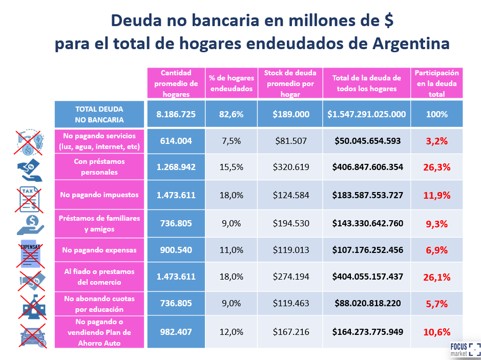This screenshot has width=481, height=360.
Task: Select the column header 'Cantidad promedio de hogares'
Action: point(176,83)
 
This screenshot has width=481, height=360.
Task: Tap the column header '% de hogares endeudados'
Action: point(231,83)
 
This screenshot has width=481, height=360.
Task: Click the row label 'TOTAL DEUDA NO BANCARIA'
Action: point(99,114)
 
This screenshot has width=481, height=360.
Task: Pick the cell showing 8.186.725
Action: point(176,114)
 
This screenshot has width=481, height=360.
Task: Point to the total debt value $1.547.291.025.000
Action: point(366,114)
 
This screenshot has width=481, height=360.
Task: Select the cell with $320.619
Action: point(290,167)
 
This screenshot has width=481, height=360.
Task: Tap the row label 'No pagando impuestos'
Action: point(99,195)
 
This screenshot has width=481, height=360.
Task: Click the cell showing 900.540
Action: point(176,250)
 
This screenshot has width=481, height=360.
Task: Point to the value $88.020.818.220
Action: point(366,303)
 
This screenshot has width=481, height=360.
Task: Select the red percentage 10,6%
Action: point(437,332)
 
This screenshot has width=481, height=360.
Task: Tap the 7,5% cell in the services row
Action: point(231,141)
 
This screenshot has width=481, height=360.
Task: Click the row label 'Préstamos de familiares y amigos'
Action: point(99,224)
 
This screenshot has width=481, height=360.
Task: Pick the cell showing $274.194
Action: point(290,277)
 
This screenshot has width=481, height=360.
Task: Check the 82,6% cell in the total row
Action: point(231,114)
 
